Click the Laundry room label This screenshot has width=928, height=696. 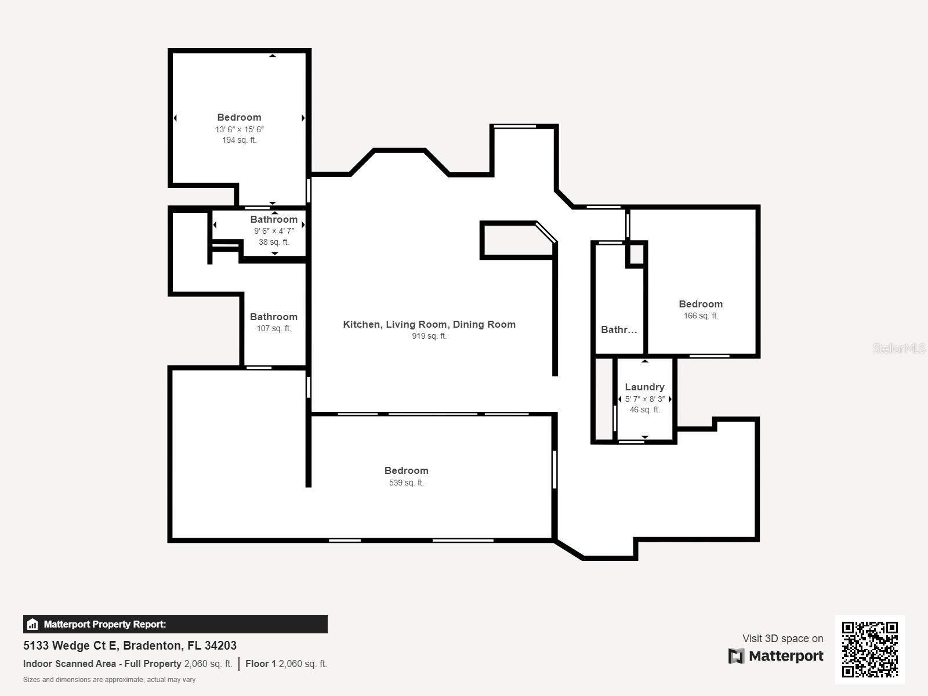644,387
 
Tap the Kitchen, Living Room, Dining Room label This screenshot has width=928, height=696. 429,324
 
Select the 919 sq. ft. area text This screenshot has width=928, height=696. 429,336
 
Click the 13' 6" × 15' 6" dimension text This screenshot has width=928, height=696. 240,129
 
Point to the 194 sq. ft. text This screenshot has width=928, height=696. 240,140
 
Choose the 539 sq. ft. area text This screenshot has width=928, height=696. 407,483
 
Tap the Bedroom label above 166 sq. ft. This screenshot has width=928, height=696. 701,304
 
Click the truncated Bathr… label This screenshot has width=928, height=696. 619,329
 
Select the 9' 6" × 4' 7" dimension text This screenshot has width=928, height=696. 274,231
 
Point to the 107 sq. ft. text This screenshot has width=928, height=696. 274,328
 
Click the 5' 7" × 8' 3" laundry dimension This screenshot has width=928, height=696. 645,399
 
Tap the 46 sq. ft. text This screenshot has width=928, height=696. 645,409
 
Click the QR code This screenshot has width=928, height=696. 869,650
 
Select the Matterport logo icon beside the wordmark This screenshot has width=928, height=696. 736,656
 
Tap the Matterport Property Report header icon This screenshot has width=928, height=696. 32,624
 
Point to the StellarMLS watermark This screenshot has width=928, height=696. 899,348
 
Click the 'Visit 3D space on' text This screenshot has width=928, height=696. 782,639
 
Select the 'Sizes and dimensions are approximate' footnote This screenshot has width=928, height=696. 109,680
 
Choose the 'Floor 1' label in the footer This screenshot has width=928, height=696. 260,664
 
